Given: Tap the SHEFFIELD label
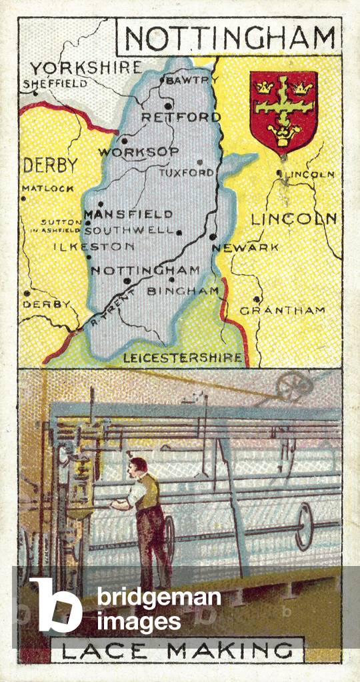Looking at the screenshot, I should click(55, 84).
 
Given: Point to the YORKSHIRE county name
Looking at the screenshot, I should click(86, 68).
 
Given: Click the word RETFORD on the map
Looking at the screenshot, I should click(181, 117).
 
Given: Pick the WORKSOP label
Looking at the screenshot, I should click(139, 152).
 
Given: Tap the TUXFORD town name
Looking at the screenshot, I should click(186, 173).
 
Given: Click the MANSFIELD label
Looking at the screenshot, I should click(128, 214).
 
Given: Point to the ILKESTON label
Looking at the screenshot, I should click(94, 246).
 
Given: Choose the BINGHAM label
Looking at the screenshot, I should click(183, 291).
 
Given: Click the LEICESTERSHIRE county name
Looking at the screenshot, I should click(182, 358).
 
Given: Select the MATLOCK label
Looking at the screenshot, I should click(48, 189).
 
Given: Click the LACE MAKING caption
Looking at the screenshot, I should click(177, 650).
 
